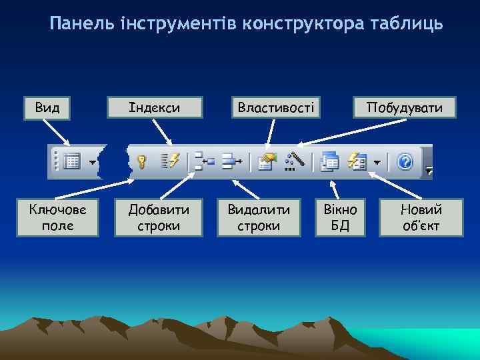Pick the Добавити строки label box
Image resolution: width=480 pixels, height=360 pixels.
[158, 217]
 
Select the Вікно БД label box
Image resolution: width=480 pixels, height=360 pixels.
[340, 217]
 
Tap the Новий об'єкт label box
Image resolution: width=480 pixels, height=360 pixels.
[421, 217]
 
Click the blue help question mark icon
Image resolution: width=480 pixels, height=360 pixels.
[405, 161]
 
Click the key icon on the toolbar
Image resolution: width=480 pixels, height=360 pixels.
[141, 161]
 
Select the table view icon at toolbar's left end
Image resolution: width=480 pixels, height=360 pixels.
[73, 161]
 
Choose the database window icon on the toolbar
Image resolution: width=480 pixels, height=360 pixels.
[329, 161]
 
